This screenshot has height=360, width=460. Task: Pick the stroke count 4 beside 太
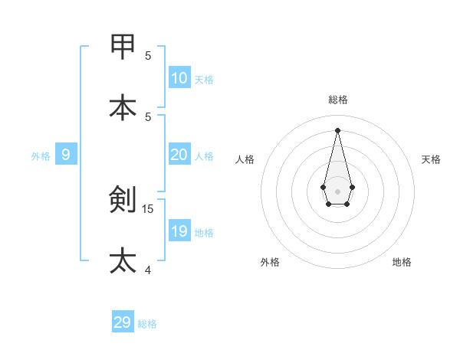148,270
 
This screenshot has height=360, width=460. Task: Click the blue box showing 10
179,77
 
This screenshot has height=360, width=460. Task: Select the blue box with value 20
179,155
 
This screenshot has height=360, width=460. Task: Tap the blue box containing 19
179,231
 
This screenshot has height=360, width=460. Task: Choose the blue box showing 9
66,155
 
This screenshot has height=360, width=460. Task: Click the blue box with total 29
123,322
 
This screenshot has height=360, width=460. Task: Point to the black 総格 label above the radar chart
338,100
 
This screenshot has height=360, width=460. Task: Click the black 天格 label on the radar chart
432,159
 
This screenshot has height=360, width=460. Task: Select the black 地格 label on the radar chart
402,262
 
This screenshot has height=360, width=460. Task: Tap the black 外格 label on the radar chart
270,262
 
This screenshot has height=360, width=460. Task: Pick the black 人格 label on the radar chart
245,159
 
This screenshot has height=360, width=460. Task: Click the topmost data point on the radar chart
338,129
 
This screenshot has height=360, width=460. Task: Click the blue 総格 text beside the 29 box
147,324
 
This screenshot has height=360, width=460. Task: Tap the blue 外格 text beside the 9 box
41,156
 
